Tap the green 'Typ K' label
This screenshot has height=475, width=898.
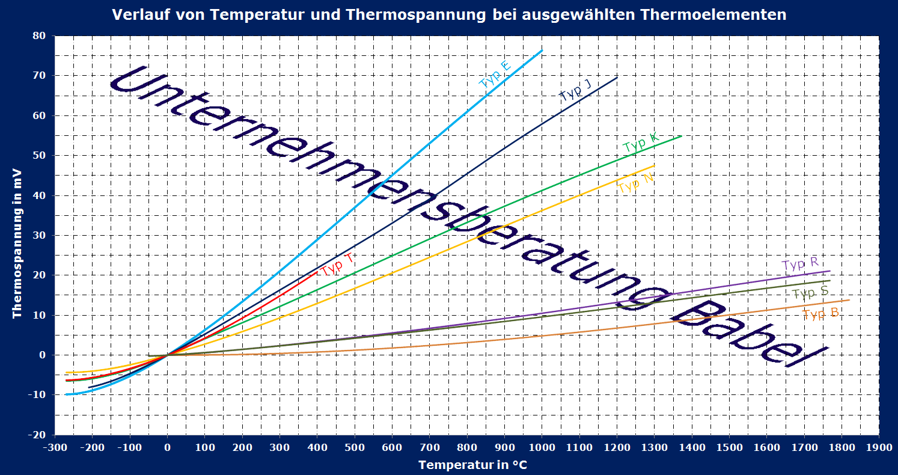pos(641,144)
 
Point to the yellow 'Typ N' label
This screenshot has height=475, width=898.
pos(636,183)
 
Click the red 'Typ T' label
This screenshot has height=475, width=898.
pos(337,264)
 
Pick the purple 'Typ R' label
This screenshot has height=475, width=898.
pos(800,264)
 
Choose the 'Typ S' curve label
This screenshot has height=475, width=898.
pos(810,293)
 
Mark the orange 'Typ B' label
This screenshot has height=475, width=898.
pos(820,314)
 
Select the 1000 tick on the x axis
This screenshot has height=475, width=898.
pos(542,447)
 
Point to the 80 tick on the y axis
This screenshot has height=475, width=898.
pos(39,35)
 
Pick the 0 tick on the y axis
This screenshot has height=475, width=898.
pos(43,355)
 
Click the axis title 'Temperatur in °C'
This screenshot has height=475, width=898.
pos(473,464)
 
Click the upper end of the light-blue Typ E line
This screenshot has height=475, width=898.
pos(542,51)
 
